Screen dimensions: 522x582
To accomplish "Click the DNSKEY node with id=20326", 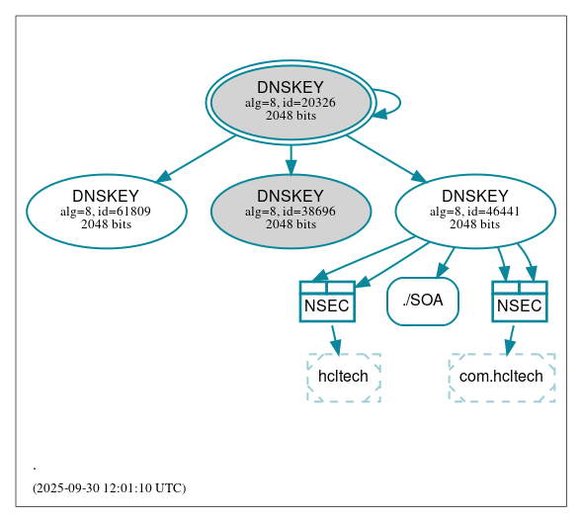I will [291, 102].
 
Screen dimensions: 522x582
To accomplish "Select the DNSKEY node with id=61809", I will [107, 211].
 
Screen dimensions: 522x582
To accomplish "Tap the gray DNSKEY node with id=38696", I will [291, 211].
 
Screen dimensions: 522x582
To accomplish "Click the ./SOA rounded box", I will [423, 301].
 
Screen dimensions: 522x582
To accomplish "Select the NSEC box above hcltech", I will [327, 302].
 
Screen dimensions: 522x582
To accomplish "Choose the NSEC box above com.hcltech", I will [520, 302].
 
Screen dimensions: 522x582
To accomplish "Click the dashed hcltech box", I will [343, 377].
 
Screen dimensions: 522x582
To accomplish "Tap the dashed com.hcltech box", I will [501, 377].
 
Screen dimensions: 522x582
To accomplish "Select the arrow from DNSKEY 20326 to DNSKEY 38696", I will [291, 158].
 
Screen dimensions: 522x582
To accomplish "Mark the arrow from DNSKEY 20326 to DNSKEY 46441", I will [385, 158].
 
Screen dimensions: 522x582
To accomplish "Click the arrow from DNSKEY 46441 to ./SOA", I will [445, 262].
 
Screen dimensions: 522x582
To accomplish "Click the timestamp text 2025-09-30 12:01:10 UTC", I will [109, 488].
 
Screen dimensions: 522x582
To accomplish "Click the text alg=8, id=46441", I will [475, 211].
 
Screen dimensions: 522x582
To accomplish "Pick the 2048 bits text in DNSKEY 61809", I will [107, 224].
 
